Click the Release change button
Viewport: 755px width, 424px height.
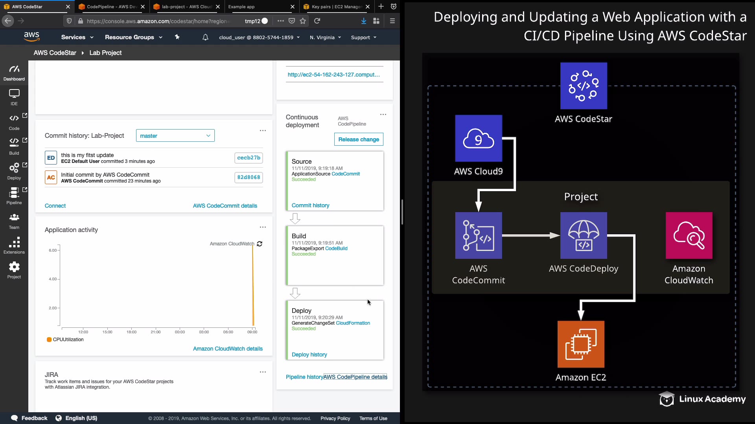click(359, 139)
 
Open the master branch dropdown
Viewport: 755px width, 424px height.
click(175, 136)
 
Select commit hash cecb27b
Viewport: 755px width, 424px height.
click(249, 158)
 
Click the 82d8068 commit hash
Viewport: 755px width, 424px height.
click(249, 177)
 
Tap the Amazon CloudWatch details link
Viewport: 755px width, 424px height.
click(228, 349)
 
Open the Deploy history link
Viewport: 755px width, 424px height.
click(309, 355)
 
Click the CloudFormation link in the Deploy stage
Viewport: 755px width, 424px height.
click(353, 323)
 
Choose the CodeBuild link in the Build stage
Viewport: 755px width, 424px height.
click(336, 249)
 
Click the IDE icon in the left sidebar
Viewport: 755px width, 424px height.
click(14, 94)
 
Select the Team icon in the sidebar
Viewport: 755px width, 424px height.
click(14, 217)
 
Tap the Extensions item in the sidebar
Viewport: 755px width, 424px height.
click(14, 246)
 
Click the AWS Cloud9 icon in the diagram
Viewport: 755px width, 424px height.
click(479, 138)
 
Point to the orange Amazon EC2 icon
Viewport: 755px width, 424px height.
click(581, 344)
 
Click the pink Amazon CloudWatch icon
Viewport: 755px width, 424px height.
click(689, 236)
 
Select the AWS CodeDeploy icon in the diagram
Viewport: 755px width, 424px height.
click(584, 236)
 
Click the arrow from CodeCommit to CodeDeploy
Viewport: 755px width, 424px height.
click(531, 236)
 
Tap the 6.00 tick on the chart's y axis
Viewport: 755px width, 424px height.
click(53, 250)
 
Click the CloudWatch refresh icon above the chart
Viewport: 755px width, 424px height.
click(260, 244)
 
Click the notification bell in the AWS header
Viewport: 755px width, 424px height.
click(205, 37)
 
